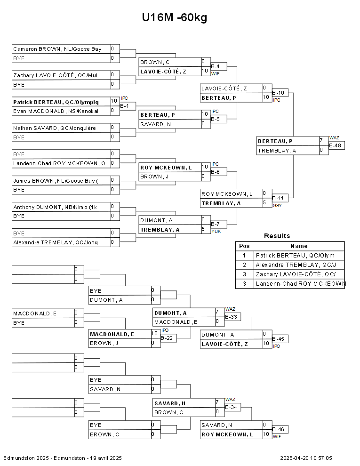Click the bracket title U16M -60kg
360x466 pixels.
tap(175, 18)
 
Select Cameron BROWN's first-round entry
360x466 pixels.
tap(57, 49)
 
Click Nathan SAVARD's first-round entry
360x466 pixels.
tap(55, 128)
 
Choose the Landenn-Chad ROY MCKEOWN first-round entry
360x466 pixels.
tap(59, 164)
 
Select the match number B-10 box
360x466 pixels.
tap(280, 93)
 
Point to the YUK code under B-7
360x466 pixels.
tap(216, 232)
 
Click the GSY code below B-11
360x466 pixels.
tap(277, 206)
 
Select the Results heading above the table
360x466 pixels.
tap(277, 236)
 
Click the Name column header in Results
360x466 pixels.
tap(298, 246)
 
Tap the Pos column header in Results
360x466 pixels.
tap(244, 246)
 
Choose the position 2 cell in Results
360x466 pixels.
tap(244, 265)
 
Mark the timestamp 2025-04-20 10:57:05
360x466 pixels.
tap(306, 458)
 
